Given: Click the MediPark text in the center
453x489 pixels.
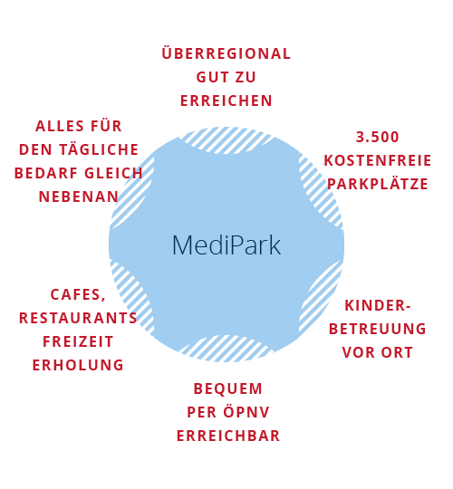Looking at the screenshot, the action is coord(226,245).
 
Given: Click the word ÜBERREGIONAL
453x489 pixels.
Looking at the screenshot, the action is coord(226,53).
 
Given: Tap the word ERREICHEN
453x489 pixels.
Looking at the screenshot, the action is coord(226,101).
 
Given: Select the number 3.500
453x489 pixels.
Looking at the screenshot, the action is coord(378,138).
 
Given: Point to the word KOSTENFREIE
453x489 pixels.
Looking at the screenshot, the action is coord(378,160).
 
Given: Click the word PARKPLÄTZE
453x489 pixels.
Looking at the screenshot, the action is coord(378,183).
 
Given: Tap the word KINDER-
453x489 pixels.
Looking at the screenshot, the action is coord(378,305).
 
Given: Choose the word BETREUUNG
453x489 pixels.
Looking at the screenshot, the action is coord(378,329).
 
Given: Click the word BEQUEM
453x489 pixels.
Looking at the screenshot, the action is coord(228,388).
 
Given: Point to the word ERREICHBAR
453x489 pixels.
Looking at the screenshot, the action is coord(228,436).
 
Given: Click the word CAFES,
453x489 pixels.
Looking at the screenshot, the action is coord(78,294).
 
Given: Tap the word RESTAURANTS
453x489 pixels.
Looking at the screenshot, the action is coord(78,318).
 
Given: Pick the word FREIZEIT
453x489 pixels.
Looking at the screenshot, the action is coord(78,341).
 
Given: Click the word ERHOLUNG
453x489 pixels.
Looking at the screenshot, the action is coord(78,365).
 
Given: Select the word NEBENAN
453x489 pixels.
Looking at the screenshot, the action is coord(79,197).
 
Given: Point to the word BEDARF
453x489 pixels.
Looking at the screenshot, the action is coord(47,173).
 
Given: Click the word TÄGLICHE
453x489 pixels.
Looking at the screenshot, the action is coord(99,149).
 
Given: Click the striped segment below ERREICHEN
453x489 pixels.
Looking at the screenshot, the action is coord(226,140).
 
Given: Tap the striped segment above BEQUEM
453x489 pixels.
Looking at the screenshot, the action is coord(226,349).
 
